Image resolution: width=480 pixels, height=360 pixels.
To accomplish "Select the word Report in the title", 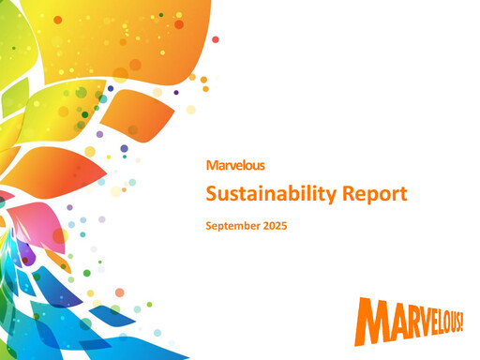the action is point(375,194).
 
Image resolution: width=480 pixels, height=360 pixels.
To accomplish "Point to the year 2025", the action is point(275,226).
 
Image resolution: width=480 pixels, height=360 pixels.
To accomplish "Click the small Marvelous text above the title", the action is point(235,165).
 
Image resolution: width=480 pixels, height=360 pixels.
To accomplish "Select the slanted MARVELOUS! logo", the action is point(409,322).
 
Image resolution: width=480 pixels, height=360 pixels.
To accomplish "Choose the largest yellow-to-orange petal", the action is point(122,40).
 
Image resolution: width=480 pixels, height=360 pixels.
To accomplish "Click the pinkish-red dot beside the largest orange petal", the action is point(216,39).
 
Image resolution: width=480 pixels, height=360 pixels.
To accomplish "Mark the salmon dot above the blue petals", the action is point(120,292).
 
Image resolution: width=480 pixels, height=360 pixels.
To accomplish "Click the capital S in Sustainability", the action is point(212,194).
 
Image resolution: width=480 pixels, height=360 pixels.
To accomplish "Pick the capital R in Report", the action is point(349,194).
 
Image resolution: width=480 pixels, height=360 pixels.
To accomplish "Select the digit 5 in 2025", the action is point(284,226).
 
